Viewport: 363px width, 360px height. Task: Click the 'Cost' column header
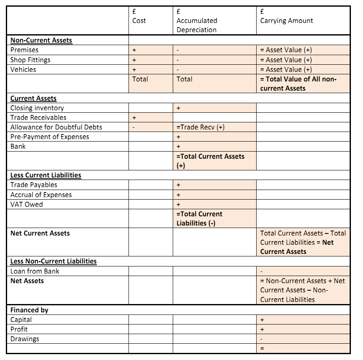click(139, 20)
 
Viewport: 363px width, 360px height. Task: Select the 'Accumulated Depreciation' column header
click(197, 25)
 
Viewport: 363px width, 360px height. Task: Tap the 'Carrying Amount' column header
click(286, 20)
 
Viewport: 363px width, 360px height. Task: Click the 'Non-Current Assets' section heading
click(41, 41)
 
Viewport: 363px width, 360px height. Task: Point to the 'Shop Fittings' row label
click(30, 60)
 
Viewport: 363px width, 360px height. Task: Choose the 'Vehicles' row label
click(23, 69)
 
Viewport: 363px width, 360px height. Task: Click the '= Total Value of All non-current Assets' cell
click(298, 84)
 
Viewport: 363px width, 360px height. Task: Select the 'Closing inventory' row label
click(37, 108)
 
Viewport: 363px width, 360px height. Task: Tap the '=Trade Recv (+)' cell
click(201, 127)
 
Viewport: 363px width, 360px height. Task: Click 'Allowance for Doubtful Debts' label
click(56, 127)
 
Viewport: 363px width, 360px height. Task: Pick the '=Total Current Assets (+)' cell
click(210, 161)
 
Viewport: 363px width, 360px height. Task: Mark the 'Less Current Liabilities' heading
click(45, 175)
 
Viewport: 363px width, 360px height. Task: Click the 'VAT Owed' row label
click(26, 204)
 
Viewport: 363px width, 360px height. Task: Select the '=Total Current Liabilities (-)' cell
click(199, 218)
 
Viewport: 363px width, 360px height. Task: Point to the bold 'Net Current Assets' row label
click(40, 233)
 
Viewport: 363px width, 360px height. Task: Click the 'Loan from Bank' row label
click(35, 271)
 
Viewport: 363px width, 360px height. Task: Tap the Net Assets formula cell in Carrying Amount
click(302, 290)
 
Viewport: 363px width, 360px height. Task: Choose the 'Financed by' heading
click(29, 310)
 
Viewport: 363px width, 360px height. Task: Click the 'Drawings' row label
click(25, 339)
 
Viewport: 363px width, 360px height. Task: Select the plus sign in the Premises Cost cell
click(134, 50)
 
